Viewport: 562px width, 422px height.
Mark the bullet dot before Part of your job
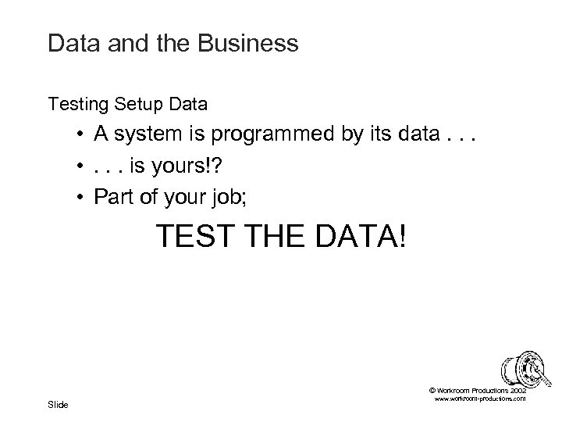click(81, 196)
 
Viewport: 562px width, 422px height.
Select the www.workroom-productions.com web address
click(478, 399)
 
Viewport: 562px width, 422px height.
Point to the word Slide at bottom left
click(59, 404)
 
